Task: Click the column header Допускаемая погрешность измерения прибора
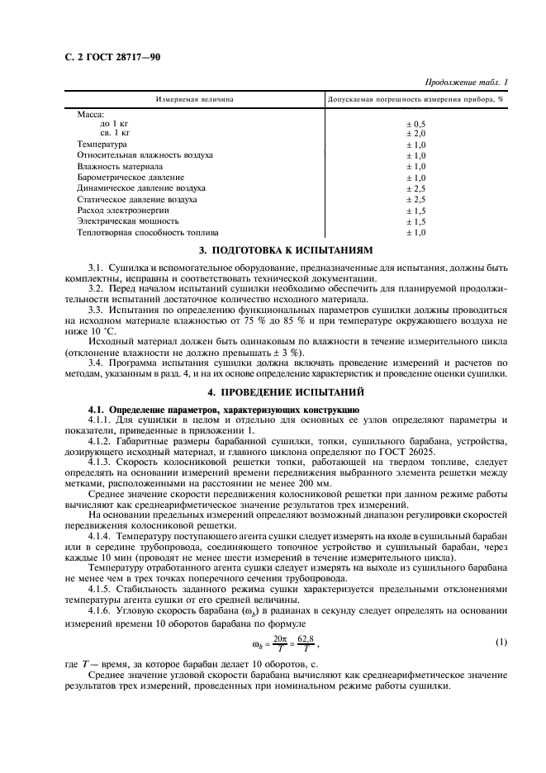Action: tap(415, 99)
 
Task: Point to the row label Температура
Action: tap(102, 144)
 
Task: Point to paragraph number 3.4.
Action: tap(97, 363)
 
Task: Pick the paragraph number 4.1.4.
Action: tap(103, 536)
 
